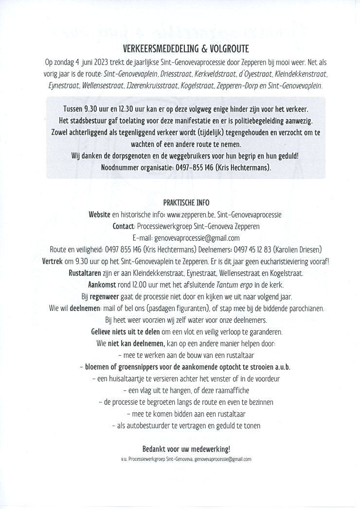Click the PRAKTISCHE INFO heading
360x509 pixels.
click(180, 203)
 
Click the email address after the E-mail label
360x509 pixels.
click(197, 238)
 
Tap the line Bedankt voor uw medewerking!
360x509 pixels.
click(180, 449)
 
